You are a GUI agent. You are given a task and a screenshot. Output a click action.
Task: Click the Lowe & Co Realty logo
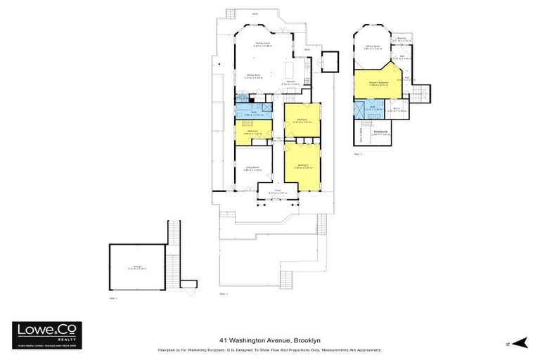pyautogui.click(x=46, y=333)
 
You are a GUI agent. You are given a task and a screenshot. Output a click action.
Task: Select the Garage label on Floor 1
pyautogui.click(x=136, y=266)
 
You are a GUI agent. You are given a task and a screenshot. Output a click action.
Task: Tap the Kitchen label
pyautogui.click(x=291, y=82)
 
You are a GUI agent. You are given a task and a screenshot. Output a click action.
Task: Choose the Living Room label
pyautogui.click(x=252, y=168)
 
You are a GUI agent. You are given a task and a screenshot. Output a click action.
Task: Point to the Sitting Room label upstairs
pyautogui.click(x=373, y=47)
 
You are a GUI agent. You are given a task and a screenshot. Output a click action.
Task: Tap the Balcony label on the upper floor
pyautogui.click(x=402, y=39)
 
